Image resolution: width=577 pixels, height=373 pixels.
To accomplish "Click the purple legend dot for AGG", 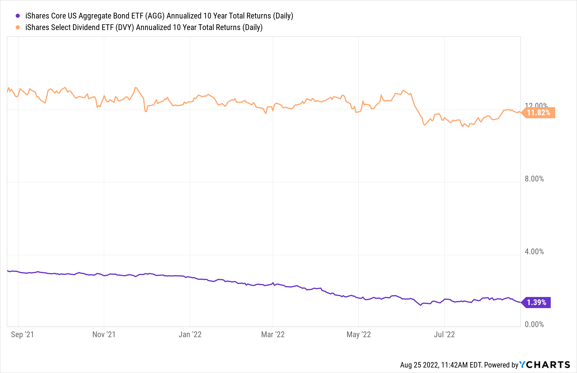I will [18, 16].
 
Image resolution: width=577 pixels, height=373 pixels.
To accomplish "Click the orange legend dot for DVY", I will [18, 27].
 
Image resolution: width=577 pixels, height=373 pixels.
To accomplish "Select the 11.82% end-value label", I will [538, 113].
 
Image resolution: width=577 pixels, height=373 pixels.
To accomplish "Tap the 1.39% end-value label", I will [537, 303].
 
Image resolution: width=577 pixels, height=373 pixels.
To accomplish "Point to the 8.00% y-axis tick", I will [534, 179].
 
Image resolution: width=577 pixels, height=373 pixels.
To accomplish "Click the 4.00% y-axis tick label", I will [534, 252].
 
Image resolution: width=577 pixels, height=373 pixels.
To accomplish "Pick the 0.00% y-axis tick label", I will [534, 324].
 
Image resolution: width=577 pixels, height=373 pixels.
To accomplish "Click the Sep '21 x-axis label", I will [22, 335].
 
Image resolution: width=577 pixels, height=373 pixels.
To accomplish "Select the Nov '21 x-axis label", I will [104, 335].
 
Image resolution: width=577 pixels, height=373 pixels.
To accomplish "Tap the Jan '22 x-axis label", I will [190, 335].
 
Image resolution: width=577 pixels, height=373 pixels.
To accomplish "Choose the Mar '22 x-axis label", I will [273, 335].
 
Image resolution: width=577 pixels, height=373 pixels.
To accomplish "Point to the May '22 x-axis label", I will [359, 335].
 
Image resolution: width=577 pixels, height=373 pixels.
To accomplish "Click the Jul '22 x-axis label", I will [444, 335].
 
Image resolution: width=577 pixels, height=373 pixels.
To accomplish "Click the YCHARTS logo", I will [545, 365].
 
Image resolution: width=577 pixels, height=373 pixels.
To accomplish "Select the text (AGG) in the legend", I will [155, 16].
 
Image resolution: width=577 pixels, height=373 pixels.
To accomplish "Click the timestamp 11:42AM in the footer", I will [454, 365].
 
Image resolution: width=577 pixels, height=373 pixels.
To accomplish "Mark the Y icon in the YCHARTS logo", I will [522, 365].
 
